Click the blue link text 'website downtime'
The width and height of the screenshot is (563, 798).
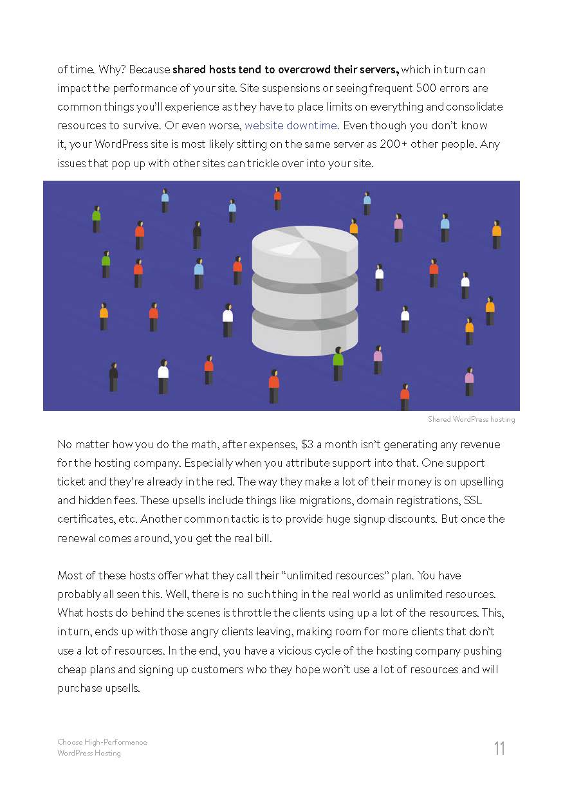(291, 125)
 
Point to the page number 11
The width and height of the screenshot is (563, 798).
(499, 748)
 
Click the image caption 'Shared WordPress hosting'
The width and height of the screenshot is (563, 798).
(471, 419)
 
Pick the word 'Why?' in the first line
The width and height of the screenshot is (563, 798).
(112, 69)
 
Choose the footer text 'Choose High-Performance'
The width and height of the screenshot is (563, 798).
(102, 742)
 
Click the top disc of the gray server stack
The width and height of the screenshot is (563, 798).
(304, 244)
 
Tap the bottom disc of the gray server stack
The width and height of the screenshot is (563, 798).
(304, 338)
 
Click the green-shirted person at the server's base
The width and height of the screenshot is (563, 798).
(338, 363)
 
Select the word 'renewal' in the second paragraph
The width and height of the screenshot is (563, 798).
(77, 538)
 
